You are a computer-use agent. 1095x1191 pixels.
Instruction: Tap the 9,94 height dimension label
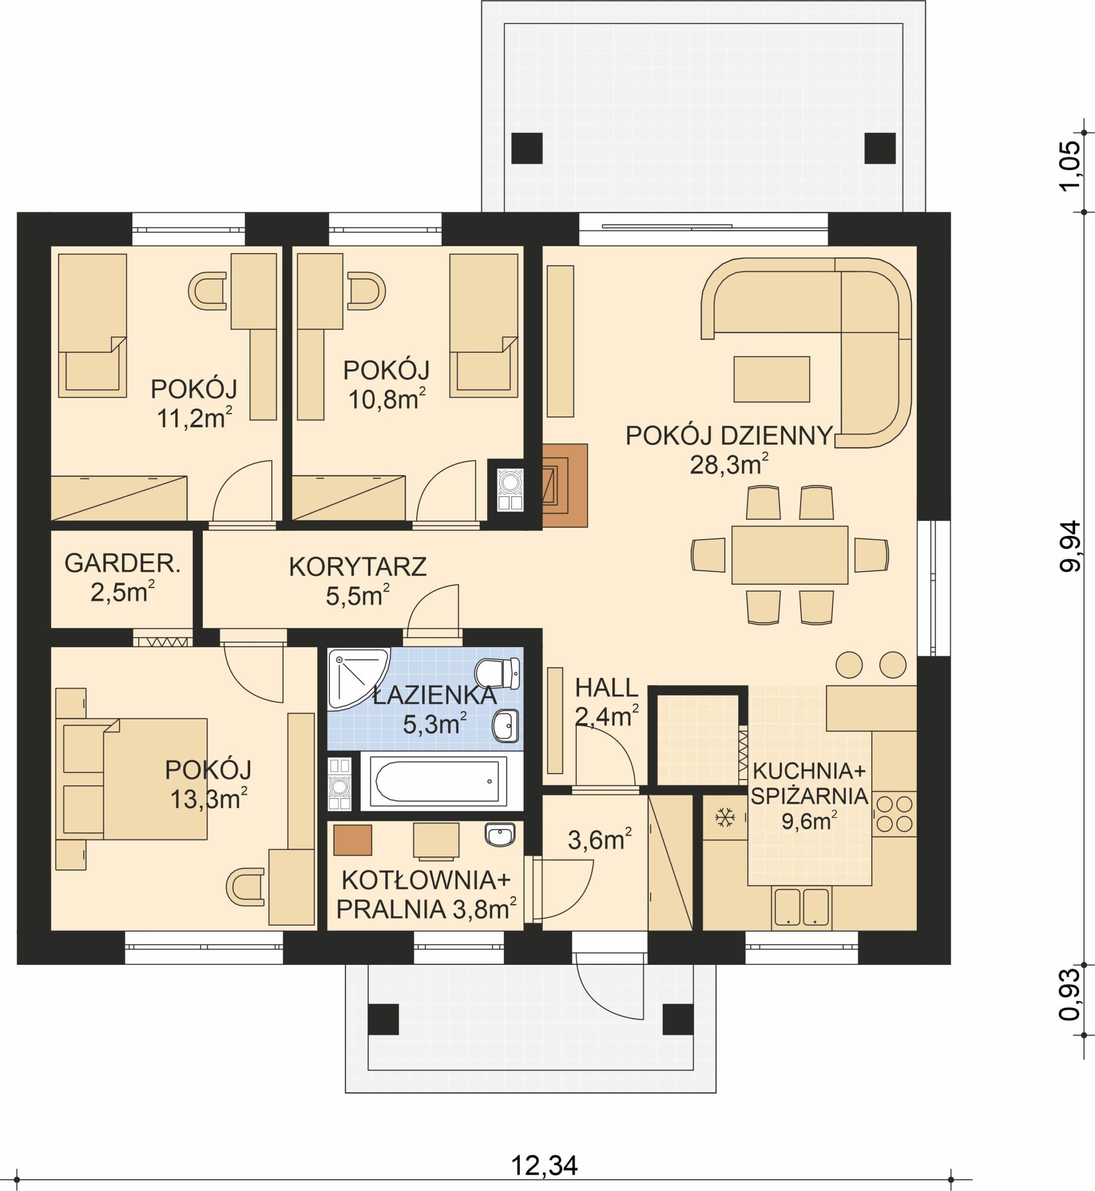pyautogui.click(x=1069, y=546)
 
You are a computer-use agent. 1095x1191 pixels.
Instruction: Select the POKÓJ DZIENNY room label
pyautogui.click(x=729, y=435)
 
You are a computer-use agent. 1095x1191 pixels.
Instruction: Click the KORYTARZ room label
pyautogui.click(x=357, y=567)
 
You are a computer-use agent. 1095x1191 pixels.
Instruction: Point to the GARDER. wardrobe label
pyautogui.click(x=122, y=563)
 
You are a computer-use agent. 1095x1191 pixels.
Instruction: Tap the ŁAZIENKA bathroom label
pyautogui.click(x=435, y=695)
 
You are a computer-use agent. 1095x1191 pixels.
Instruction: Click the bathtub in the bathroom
pyautogui.click(x=437, y=781)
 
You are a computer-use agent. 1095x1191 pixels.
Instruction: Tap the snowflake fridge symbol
pyautogui.click(x=725, y=818)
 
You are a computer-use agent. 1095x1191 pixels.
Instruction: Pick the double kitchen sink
pyautogui.click(x=801, y=907)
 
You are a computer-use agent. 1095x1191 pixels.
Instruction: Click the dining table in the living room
pyautogui.click(x=789, y=555)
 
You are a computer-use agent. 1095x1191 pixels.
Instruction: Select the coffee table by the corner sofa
pyautogui.click(x=771, y=379)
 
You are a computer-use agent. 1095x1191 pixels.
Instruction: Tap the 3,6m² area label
pyautogui.click(x=600, y=839)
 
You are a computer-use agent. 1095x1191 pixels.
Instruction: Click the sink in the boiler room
pyautogui.click(x=500, y=835)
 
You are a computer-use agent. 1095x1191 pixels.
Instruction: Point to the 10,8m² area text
pyautogui.click(x=387, y=399)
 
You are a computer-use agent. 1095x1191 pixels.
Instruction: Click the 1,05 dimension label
pyautogui.click(x=1069, y=166)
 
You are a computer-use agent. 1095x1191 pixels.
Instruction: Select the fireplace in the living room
pyautogui.click(x=565, y=485)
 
